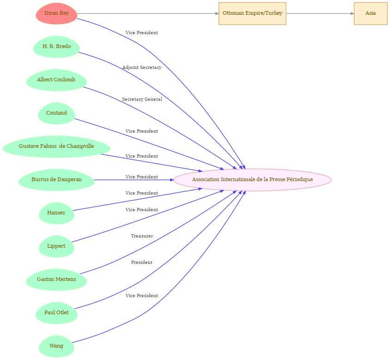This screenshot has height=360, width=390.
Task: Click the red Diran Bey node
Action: [56, 13]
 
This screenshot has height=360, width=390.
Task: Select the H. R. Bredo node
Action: [56, 47]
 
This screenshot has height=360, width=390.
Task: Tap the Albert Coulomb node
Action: [56, 80]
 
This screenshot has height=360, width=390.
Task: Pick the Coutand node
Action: [56, 113]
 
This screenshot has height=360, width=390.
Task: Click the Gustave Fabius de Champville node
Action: [56, 146]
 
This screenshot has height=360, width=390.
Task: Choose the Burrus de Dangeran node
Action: [56, 180]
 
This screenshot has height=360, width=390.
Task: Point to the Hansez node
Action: [56, 213]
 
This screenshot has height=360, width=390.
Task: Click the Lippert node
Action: [56, 246]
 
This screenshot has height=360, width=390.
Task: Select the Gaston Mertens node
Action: [56, 280]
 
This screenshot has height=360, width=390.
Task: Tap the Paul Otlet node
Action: [56, 313]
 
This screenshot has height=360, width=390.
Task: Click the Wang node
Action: [56, 346]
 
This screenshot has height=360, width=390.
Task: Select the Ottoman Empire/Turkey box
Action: [252, 13]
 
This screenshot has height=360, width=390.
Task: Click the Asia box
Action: [371, 13]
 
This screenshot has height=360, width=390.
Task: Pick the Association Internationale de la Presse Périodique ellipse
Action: [252, 180]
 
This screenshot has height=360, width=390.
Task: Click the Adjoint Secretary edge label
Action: [142, 67]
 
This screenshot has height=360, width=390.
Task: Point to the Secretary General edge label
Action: [142, 99]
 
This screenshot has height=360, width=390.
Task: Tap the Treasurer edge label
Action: [142, 236]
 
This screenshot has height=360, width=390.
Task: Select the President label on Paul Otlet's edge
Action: [142, 262]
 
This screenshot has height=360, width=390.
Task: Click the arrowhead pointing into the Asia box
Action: [352, 13]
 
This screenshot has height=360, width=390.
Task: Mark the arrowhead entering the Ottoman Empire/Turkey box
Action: [217, 13]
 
